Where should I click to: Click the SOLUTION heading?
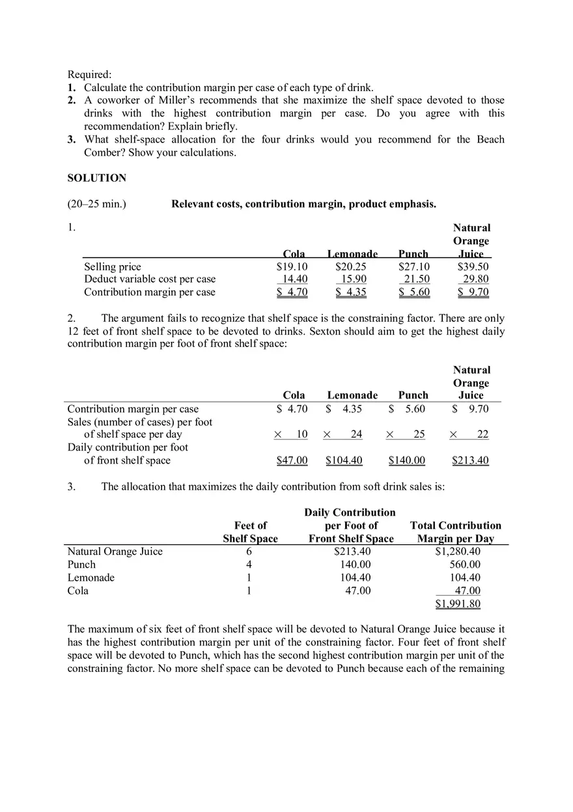coord(97,178)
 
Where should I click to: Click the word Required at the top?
coord(89,74)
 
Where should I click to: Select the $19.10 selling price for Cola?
coord(292,266)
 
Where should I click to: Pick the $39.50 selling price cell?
coord(473,266)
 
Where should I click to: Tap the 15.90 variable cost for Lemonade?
coord(354,279)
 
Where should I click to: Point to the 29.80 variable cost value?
coord(475,279)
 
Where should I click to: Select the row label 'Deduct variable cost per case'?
coord(150,279)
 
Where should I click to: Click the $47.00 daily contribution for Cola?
coord(292,460)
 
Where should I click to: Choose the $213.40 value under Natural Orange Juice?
coord(470,460)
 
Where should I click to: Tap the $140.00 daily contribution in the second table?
coord(406,460)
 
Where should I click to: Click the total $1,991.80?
coord(458,604)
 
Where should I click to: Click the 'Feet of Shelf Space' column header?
coord(250,532)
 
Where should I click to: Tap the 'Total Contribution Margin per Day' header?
coord(455,532)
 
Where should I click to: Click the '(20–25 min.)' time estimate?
coord(97,204)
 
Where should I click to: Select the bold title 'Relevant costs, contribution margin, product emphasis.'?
coord(303,204)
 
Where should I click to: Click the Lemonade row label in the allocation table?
coord(91,578)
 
